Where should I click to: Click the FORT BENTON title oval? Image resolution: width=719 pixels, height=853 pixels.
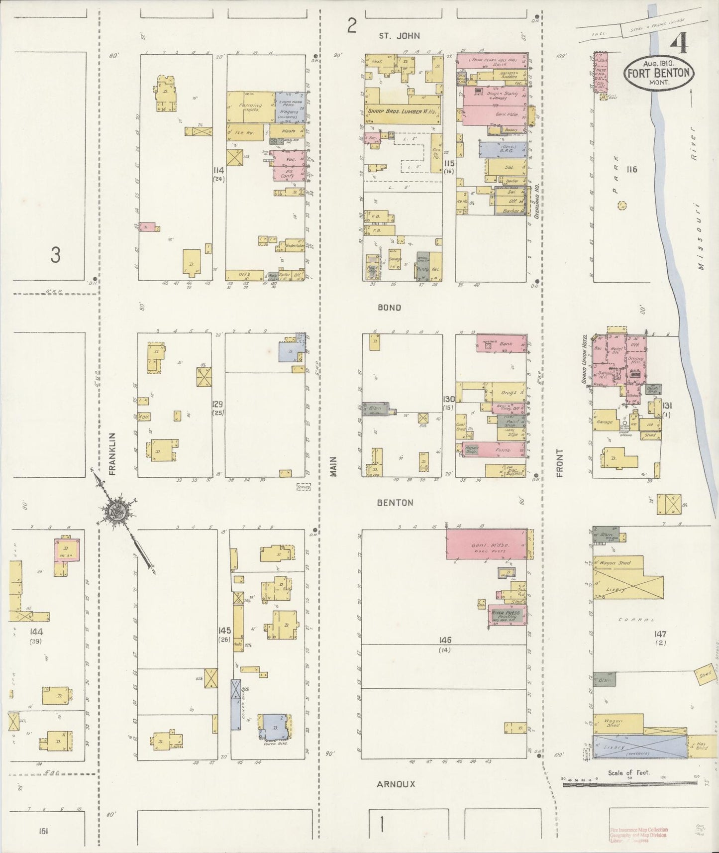click(658, 73)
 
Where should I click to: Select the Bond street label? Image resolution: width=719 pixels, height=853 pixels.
click(389, 308)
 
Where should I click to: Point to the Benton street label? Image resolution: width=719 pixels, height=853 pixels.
click(395, 503)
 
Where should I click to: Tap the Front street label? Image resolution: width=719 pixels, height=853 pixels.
click(559, 463)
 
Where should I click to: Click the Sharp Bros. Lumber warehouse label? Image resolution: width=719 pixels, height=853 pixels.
click(403, 112)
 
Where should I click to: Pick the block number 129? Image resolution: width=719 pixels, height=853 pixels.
click(217, 405)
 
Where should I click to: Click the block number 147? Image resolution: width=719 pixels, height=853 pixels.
click(660, 635)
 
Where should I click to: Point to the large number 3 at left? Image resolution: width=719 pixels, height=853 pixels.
click(55, 255)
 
